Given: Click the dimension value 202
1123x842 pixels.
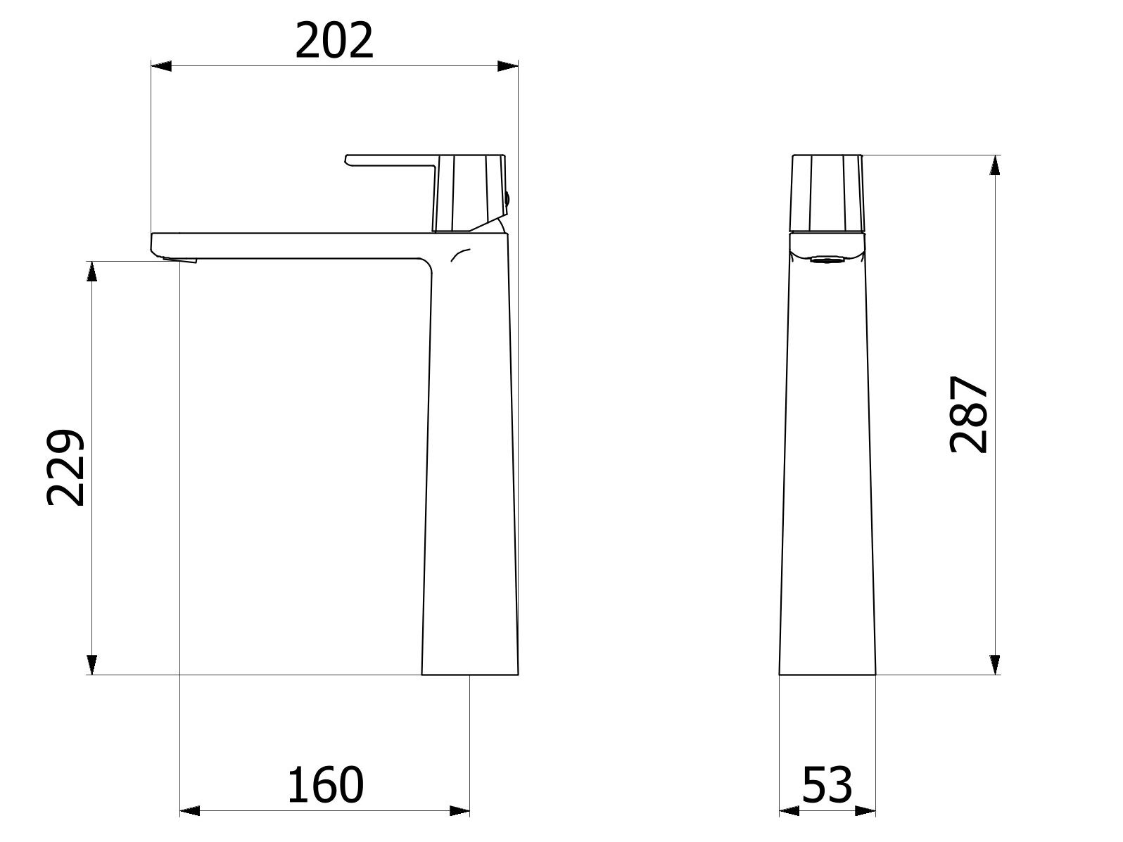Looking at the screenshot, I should coord(334,42).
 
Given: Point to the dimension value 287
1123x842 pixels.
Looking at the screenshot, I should coord(969,414).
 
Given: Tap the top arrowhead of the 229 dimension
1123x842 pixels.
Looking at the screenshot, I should coord(91,271).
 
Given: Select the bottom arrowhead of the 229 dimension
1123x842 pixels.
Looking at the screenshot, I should coord(91,665).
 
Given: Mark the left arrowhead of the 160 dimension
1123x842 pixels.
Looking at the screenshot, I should coord(190,811).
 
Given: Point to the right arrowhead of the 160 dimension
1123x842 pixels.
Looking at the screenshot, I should coord(459,811).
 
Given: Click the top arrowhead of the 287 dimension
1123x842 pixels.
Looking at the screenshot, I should coord(994,165).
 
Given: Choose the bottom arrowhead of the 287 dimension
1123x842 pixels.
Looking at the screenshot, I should coord(994,665).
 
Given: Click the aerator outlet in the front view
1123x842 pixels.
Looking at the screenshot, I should coord(827,260).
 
